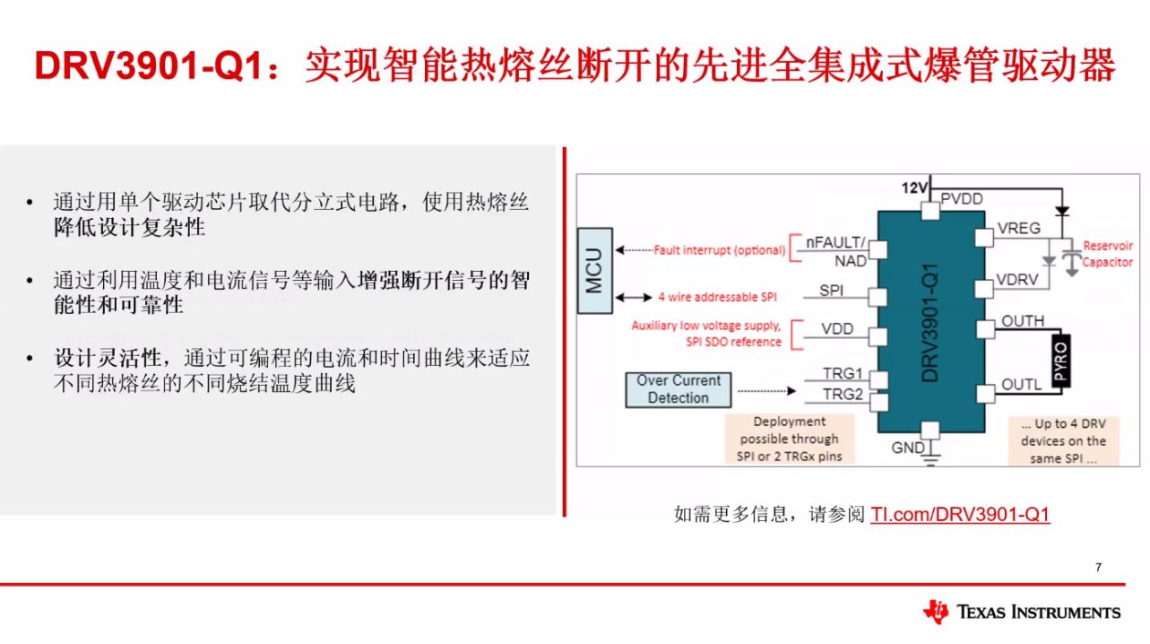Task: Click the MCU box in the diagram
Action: [595, 271]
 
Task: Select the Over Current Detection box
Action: [679, 390]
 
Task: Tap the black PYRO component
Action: [1060, 361]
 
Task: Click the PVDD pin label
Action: [962, 199]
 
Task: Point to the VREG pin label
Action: [1018, 228]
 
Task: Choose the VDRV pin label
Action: [1017, 279]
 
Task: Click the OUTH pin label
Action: [1023, 321]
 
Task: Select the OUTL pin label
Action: [1021, 385]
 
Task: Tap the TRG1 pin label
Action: [843, 373]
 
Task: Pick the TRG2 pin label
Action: [843, 394]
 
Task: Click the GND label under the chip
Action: [908, 448]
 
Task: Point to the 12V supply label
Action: [914, 188]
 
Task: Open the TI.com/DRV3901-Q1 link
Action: [960, 514]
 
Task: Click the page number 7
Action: [1098, 567]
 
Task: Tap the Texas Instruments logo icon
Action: [936, 611]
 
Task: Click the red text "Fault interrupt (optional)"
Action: [719, 250]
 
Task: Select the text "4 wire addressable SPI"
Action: [717, 297]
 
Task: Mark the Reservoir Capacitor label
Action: [1107, 254]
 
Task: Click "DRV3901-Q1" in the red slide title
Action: [150, 66]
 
